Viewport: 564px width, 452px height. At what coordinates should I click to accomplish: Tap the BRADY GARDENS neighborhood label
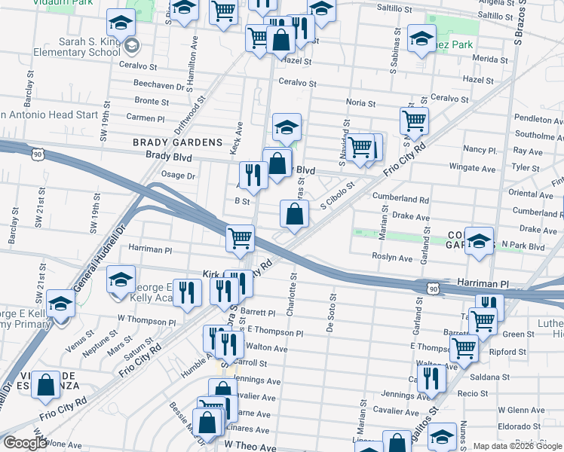(x=177, y=142)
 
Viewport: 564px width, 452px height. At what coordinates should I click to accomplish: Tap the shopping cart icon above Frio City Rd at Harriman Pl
(x=240, y=238)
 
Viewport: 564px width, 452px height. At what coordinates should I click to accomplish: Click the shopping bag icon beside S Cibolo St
(x=294, y=214)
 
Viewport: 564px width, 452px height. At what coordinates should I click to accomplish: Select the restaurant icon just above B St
(x=253, y=176)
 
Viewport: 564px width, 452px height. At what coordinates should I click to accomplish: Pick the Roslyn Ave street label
(x=393, y=258)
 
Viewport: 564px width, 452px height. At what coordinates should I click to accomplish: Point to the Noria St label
(x=360, y=103)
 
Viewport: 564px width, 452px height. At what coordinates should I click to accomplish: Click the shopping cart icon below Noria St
(x=414, y=120)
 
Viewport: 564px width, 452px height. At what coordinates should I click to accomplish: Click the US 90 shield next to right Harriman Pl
(x=431, y=289)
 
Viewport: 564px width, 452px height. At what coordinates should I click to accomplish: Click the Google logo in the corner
(x=25, y=443)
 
